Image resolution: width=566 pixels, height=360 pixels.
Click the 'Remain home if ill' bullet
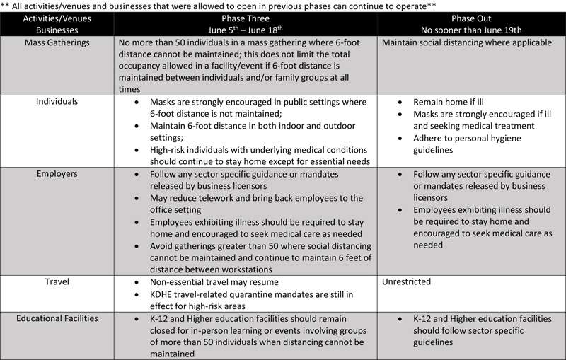[x=454, y=101]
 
